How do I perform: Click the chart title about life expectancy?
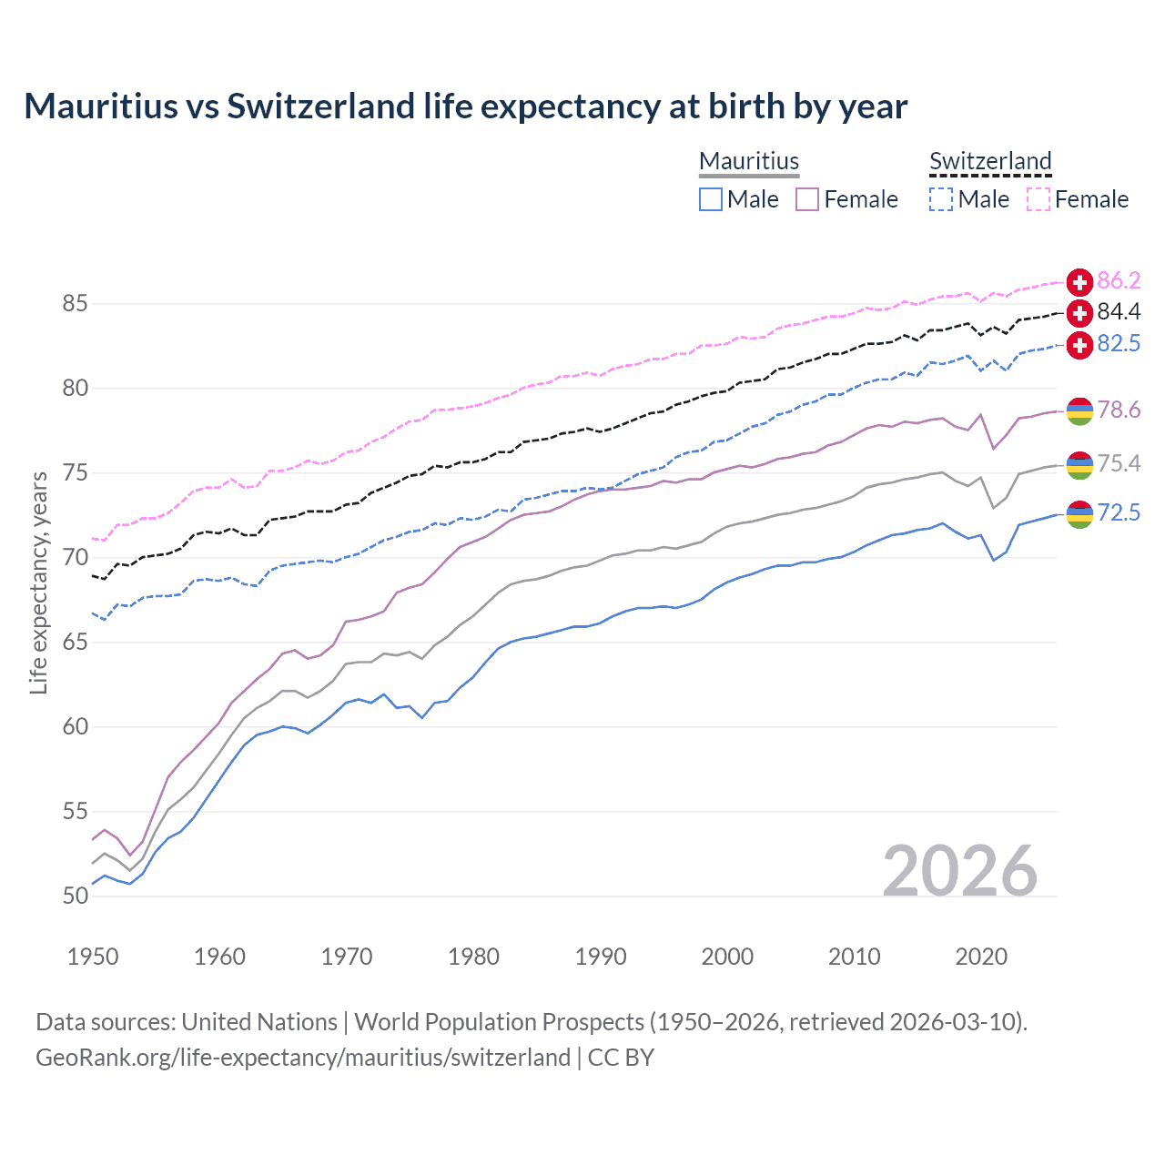coord(465,106)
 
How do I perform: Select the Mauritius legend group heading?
coord(749,161)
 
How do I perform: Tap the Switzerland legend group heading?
coord(990,161)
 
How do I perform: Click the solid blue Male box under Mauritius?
coord(711,199)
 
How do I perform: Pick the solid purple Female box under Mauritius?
coord(807,199)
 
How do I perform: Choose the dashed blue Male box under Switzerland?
coord(941,199)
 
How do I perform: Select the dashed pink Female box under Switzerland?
coord(1038,199)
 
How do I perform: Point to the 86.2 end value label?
coord(1119,280)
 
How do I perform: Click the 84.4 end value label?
coord(1119,312)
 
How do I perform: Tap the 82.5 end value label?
coord(1119,344)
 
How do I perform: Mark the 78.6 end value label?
coord(1119,410)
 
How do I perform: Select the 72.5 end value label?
coord(1119,513)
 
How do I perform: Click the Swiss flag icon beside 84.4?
coord(1079,313)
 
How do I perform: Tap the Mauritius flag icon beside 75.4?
coord(1079,464)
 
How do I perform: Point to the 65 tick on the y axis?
coord(76,643)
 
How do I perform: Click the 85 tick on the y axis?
coord(76,304)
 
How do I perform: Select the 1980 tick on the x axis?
coord(473,957)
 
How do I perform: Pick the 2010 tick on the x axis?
coord(854,957)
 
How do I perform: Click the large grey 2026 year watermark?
coord(960,871)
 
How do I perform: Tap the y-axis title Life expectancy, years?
coord(38,582)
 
